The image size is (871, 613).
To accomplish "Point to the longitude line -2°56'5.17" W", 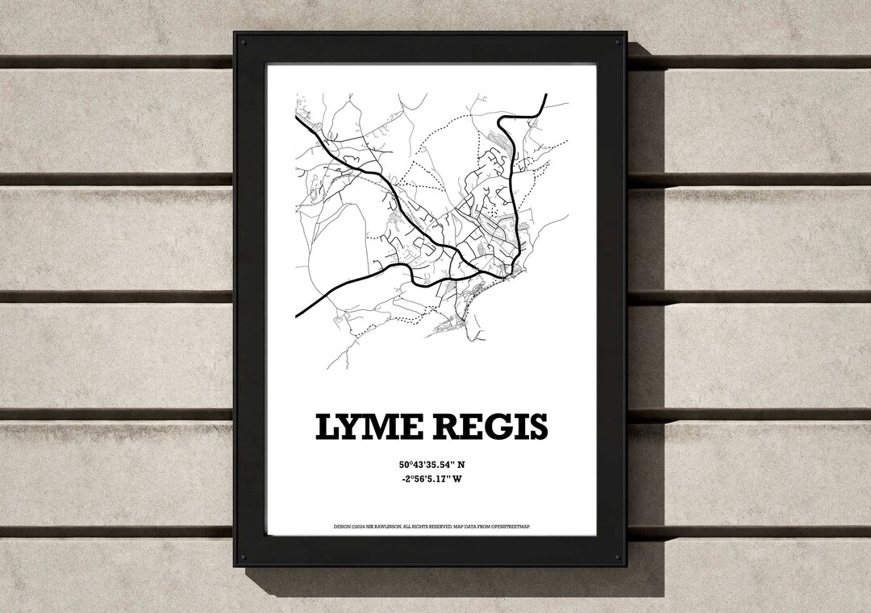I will (431, 480).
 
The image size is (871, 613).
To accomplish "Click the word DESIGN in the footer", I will (341, 527).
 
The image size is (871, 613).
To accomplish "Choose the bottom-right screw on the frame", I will (617, 557).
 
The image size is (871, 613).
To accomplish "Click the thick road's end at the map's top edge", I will (546, 95).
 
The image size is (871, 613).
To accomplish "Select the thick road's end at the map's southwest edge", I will (297, 315).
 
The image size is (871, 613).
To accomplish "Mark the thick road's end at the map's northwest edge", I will (296, 116).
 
